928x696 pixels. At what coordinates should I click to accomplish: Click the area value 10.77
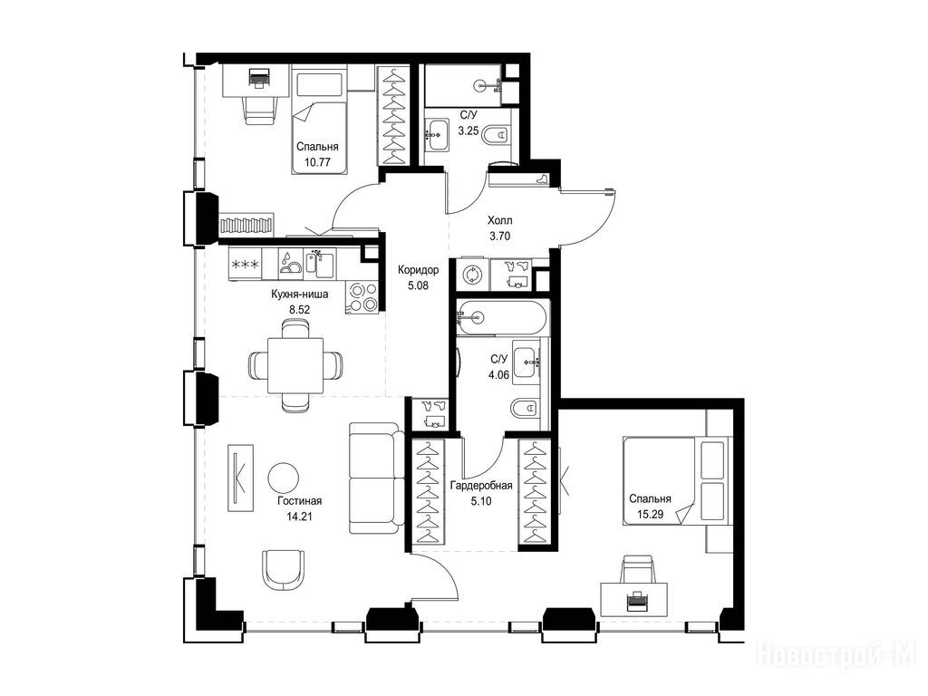(x=317, y=162)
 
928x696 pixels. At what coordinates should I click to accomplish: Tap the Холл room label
(x=499, y=221)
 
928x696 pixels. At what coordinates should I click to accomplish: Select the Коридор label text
(x=419, y=270)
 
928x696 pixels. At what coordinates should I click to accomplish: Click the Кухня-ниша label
(x=299, y=294)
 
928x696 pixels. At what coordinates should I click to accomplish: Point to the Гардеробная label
(x=481, y=486)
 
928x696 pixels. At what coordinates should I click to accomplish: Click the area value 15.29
(x=650, y=515)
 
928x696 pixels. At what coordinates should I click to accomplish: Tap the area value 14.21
(x=299, y=516)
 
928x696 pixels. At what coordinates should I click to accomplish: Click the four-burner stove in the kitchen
(x=362, y=297)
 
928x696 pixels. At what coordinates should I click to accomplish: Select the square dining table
(x=295, y=365)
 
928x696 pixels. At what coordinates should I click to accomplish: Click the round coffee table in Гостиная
(x=284, y=478)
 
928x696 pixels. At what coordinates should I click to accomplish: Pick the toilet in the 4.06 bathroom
(x=524, y=408)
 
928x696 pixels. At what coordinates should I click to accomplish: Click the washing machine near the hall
(x=472, y=275)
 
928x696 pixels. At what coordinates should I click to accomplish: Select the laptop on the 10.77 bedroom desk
(x=259, y=77)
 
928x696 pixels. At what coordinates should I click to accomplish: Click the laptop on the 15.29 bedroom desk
(x=637, y=602)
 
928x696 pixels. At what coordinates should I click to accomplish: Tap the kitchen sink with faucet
(x=320, y=264)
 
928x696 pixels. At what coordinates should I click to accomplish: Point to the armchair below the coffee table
(x=285, y=570)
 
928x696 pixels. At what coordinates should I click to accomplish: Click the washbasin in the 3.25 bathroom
(x=438, y=135)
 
